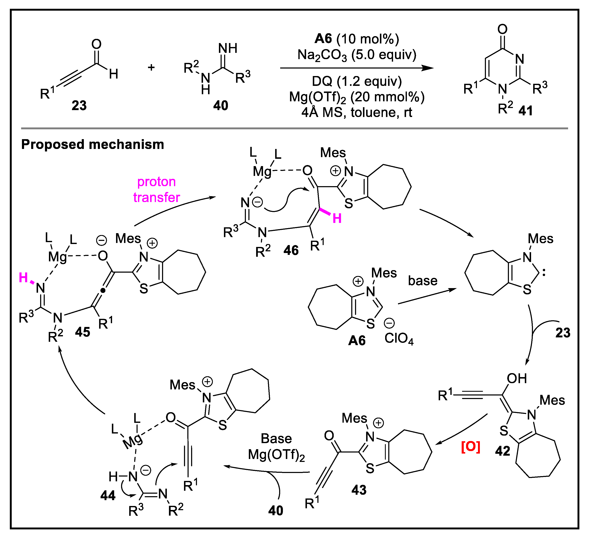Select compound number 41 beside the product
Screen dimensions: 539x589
point(526,111)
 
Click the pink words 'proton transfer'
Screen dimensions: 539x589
point(157,189)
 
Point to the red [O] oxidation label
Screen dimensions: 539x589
point(470,447)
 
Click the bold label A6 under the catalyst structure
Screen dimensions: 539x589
point(357,341)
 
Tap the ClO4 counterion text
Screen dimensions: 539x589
point(399,339)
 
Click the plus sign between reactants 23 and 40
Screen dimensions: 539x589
point(151,67)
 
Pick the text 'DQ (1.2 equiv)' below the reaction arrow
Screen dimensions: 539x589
point(357,81)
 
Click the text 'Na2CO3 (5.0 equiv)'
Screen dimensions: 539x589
point(357,55)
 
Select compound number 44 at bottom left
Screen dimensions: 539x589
point(108,496)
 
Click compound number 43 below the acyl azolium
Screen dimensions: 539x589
point(359,490)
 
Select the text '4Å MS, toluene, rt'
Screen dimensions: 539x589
point(357,112)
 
